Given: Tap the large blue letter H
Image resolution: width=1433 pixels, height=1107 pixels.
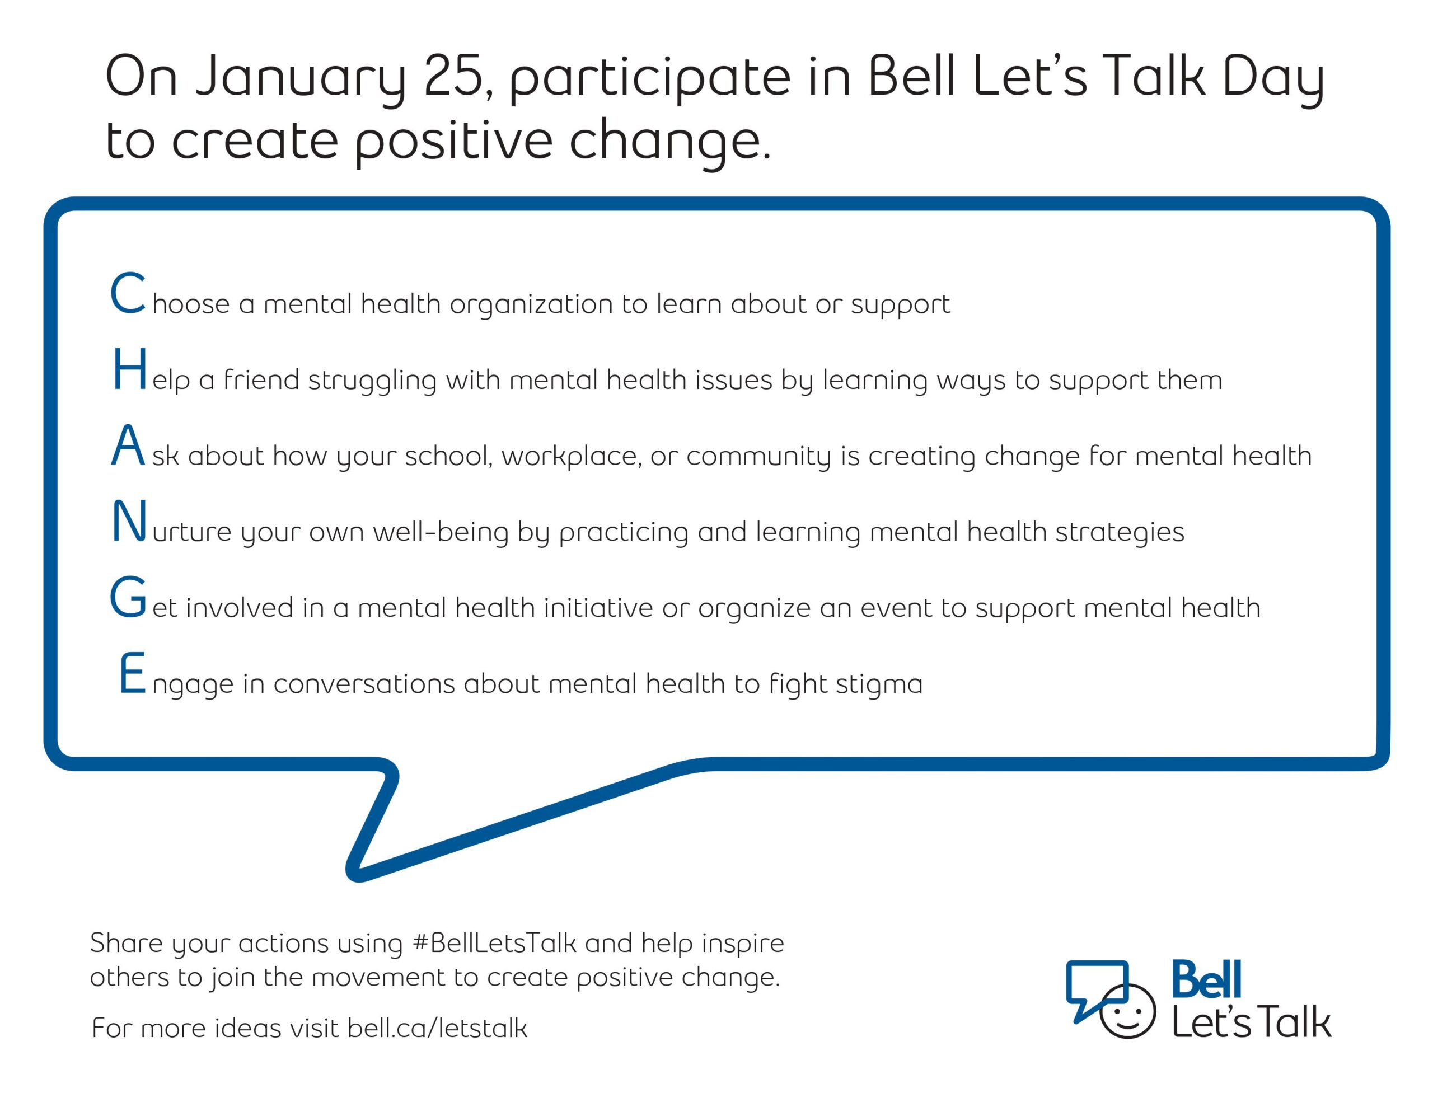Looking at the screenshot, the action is (x=129, y=369).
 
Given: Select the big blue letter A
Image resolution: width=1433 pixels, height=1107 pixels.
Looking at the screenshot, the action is (x=128, y=445).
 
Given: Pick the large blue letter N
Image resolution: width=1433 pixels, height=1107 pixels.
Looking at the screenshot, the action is (x=129, y=522).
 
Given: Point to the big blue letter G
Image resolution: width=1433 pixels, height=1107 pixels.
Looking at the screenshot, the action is (x=127, y=598).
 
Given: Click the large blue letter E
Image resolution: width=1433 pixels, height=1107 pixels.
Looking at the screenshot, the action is (x=133, y=674).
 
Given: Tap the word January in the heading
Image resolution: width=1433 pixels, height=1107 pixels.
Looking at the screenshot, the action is (x=301, y=80).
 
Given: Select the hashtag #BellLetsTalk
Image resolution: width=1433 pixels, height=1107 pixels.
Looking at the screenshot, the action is (x=494, y=943).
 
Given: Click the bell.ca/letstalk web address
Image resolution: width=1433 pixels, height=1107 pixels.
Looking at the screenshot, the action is (x=437, y=1028).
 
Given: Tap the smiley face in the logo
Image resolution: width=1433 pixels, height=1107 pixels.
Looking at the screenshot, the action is (x=1127, y=1011).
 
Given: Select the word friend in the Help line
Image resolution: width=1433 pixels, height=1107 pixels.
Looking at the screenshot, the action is (x=261, y=380).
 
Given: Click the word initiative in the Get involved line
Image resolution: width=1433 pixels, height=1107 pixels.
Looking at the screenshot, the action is (x=598, y=608).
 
